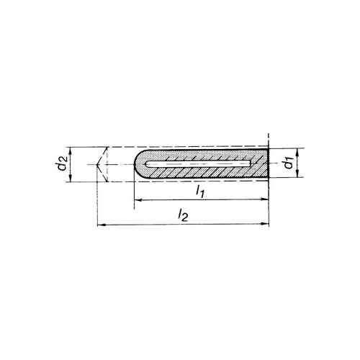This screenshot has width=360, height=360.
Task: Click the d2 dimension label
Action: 63,164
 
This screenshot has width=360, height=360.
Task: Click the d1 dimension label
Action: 288,163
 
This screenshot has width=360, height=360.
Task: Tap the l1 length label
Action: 200,192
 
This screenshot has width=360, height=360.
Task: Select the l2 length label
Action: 183,215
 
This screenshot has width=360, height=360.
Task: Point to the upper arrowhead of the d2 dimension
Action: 70,150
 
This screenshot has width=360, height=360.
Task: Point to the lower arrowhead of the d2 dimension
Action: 70,179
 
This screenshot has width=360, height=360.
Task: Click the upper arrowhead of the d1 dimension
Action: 297,152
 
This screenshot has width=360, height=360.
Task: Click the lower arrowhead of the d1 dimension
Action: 297,174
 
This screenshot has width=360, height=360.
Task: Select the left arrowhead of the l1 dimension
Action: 138,199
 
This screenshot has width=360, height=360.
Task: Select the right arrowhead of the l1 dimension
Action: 264,199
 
